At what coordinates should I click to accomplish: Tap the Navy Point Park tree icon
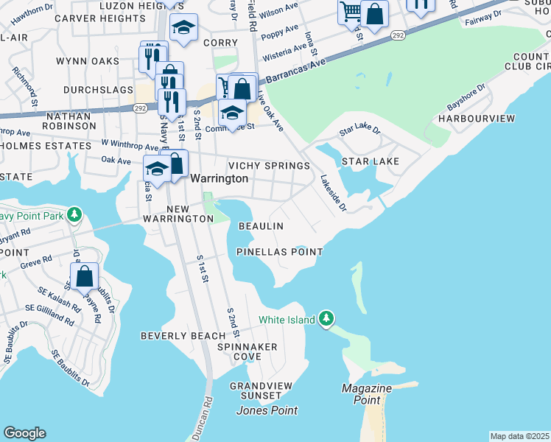coord(74,215)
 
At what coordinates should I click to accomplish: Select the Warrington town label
coord(219,178)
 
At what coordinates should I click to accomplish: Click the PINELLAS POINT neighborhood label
coord(279,252)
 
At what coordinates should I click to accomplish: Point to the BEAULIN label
coord(261,226)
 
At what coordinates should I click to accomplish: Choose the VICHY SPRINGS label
coord(269,166)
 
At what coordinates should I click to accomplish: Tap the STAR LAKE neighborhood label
coord(370,161)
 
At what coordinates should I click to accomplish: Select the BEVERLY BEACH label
coord(178,336)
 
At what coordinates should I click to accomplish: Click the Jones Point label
coord(266,410)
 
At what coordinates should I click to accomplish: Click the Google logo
coord(24,433)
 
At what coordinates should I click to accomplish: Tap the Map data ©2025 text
coord(519,436)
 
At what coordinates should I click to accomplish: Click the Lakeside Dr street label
coord(333,193)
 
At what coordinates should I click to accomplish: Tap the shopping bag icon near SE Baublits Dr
coord(85,276)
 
